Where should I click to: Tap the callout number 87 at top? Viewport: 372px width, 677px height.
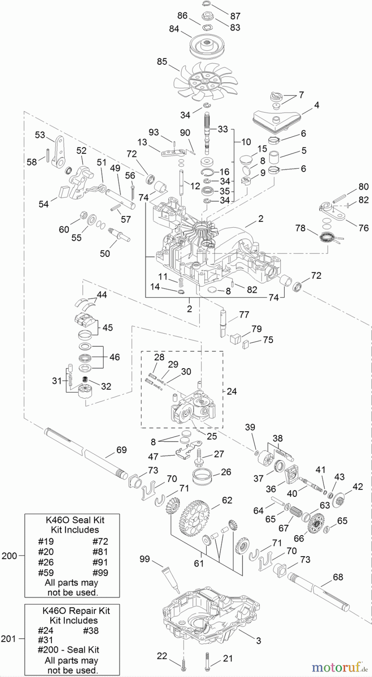coord(235,16)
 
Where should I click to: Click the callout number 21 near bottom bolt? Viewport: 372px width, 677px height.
coord(228,658)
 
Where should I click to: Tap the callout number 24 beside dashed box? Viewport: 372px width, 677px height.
coord(232,391)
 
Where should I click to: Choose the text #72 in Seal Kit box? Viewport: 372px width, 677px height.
coord(100,541)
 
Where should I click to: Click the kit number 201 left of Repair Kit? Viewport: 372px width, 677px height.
coord(9,638)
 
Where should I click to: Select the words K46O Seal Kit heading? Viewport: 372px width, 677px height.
coord(75,520)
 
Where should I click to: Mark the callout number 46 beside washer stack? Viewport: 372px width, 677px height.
coord(114,357)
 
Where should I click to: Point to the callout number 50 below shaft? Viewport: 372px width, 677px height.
coord(105,253)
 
